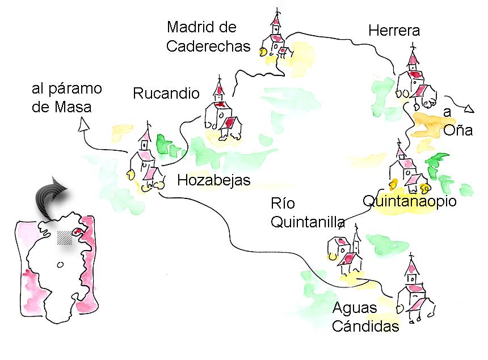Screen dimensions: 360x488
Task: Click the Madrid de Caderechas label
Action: point(208,37)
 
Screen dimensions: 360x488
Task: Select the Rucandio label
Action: point(166,94)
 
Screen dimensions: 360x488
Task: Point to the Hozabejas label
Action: point(214,180)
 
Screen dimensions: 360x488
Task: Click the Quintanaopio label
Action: point(409,201)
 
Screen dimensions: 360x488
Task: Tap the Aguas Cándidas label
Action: point(365,317)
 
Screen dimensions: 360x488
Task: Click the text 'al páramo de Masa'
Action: point(66,98)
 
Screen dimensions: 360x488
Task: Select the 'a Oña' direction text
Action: point(457,121)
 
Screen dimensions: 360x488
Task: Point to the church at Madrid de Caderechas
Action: point(276,40)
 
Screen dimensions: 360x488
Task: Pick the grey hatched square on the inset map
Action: point(65,238)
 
